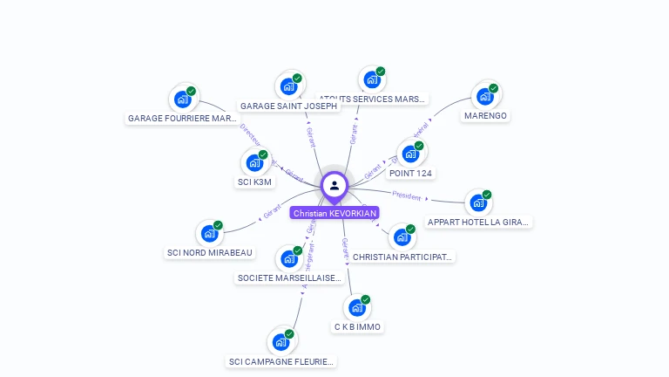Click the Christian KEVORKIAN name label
(x=334, y=213)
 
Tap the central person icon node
(x=334, y=185)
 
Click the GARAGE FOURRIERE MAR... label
(x=182, y=118)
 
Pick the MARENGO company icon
(x=484, y=96)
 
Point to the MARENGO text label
(x=485, y=115)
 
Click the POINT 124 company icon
(x=410, y=154)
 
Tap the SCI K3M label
(x=255, y=182)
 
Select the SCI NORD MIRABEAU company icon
(x=209, y=233)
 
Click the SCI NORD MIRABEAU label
(x=210, y=252)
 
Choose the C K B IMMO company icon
(x=356, y=307)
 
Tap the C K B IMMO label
(x=357, y=326)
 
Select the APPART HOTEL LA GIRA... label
(x=478, y=222)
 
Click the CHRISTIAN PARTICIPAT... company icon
(x=402, y=236)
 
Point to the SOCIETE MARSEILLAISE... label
(x=289, y=278)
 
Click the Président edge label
(x=406, y=195)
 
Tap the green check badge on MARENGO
(x=493, y=88)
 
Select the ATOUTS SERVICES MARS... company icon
(x=372, y=79)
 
